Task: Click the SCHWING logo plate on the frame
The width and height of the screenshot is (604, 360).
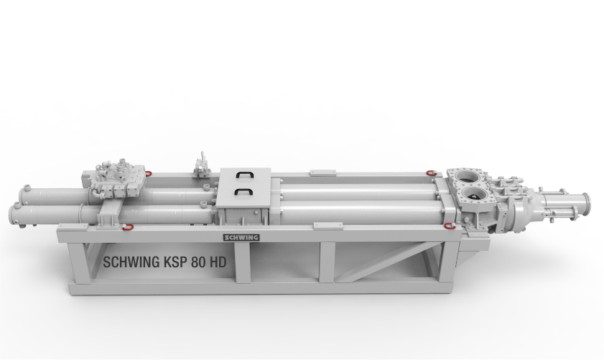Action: click(241, 237)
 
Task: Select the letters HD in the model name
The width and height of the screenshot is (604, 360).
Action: click(218, 262)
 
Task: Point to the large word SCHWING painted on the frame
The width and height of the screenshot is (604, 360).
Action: click(131, 262)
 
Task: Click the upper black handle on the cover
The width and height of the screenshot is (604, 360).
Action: click(244, 175)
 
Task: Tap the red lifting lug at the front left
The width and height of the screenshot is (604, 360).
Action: click(126, 227)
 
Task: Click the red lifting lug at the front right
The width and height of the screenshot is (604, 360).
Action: click(447, 226)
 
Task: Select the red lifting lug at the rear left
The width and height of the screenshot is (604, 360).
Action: click(148, 173)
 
